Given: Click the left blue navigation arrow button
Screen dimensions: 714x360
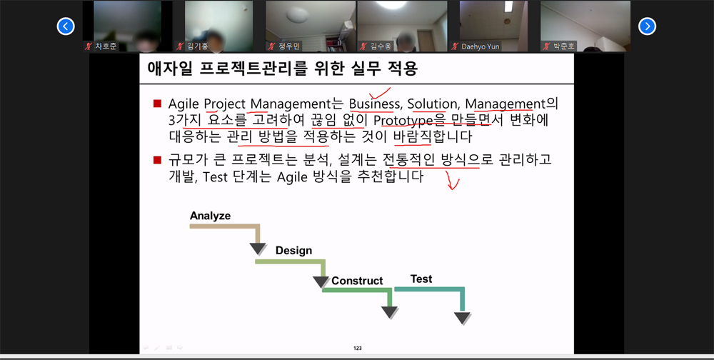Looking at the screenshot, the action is click(x=66, y=26).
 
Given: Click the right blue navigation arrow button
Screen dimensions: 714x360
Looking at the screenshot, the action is click(x=647, y=26).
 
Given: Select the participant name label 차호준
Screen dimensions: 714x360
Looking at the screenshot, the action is click(x=106, y=46).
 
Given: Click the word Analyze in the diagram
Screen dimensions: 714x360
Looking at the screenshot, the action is click(x=211, y=216).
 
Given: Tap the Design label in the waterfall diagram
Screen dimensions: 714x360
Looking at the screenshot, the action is click(x=293, y=251).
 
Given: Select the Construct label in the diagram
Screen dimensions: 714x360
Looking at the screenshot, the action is click(x=357, y=281).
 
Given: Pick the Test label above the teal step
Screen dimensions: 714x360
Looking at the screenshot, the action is click(x=421, y=279).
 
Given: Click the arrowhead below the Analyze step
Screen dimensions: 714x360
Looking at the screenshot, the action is click(x=258, y=249).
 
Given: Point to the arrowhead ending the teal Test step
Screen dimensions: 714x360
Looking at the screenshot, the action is click(x=462, y=318).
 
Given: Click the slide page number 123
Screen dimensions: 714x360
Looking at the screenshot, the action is click(x=358, y=349).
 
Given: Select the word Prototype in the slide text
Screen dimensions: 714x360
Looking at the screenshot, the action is click(x=403, y=121).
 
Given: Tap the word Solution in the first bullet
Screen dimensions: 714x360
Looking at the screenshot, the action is click(x=428, y=104).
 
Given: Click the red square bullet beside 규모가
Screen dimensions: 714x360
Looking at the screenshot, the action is click(x=158, y=160).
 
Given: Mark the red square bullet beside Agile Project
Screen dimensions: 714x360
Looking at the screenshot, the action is click(x=158, y=104).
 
